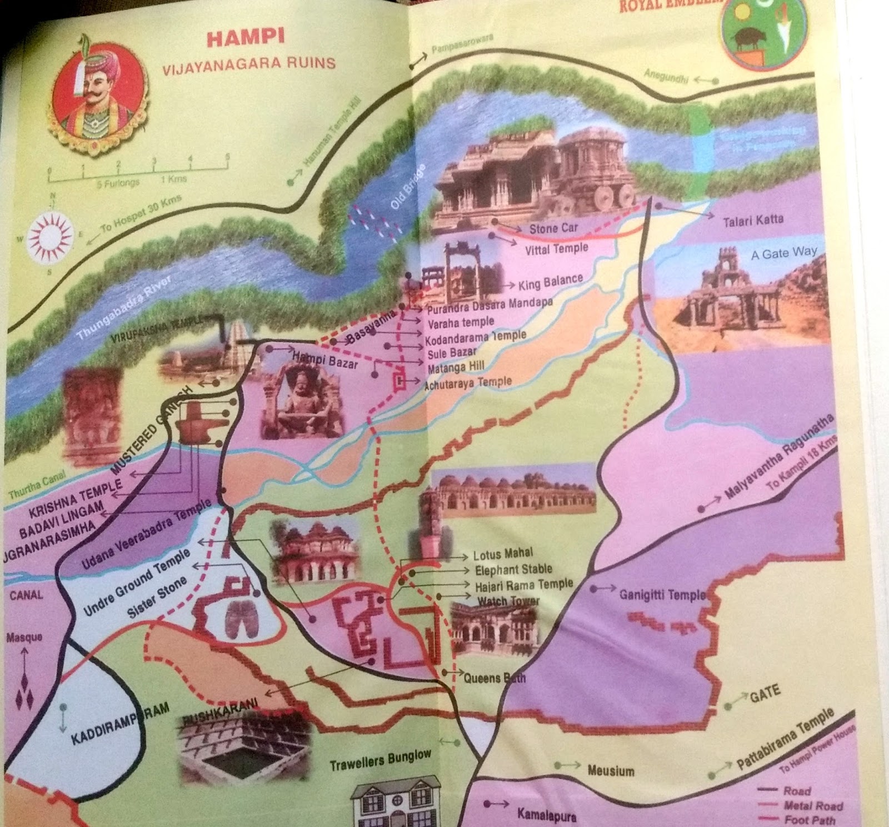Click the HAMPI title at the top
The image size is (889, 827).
[x=245, y=38]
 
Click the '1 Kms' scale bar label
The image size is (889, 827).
[x=173, y=180]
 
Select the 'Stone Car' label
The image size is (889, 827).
[x=553, y=228]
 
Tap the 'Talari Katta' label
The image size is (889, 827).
[x=753, y=221]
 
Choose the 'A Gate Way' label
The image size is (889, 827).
[x=783, y=253]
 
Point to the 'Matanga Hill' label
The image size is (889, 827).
[x=456, y=367]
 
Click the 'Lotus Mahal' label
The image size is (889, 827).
[x=503, y=554]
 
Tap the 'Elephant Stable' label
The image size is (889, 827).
[x=513, y=569]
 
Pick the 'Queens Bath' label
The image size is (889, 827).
[x=495, y=678]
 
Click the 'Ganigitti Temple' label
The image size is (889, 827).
[x=662, y=595]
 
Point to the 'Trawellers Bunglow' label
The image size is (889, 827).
[x=380, y=760]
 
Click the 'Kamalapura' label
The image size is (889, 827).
[x=547, y=815]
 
